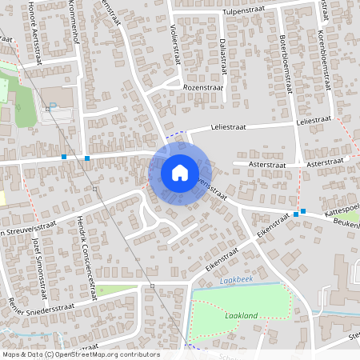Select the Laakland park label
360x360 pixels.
(x=241, y=316)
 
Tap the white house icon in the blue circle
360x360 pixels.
(x=180, y=172)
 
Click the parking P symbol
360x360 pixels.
(x=53, y=106)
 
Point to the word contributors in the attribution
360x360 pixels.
(x=141, y=354)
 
